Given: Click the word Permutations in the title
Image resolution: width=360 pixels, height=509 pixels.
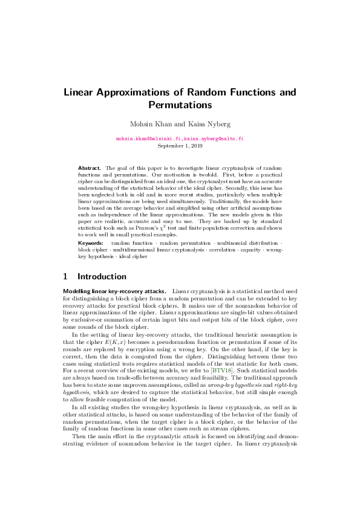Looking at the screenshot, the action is click(180, 105).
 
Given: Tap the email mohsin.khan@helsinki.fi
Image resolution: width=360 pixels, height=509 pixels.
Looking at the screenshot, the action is click(147, 139).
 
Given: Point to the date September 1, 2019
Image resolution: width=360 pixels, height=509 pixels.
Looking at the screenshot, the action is click(180, 146).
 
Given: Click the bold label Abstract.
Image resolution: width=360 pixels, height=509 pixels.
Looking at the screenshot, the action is click(90, 167).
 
